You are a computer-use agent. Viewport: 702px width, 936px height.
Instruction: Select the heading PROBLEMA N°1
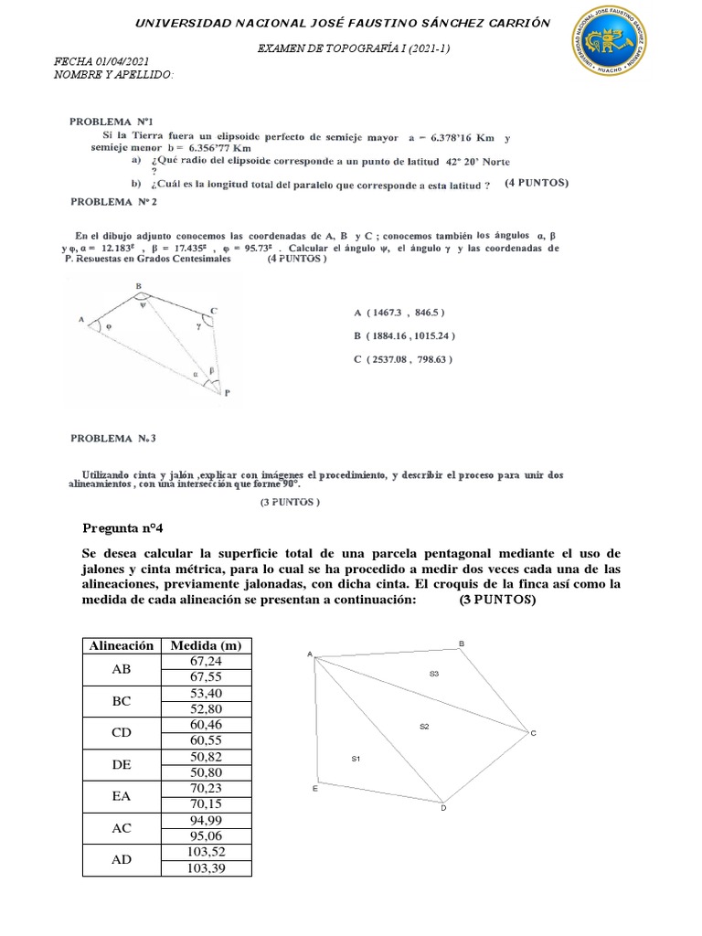[x=107, y=121]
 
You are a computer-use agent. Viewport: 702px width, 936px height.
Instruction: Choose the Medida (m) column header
[x=205, y=645]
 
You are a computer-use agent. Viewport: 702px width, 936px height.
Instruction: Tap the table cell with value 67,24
[x=205, y=661]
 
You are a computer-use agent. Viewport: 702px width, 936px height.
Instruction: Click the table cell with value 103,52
[x=205, y=852]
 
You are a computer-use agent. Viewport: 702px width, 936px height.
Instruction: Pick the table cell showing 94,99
[x=205, y=820]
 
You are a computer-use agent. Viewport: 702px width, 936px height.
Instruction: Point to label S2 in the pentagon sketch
[x=424, y=727]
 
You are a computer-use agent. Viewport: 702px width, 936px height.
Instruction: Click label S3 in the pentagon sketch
[x=434, y=674]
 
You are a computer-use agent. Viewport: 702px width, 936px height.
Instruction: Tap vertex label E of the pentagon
[x=314, y=789]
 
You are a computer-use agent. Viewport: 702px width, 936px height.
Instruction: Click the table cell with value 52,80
[x=205, y=708]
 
